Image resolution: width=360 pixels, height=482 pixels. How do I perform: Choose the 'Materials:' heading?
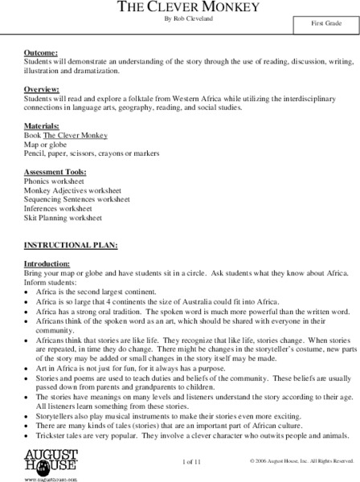point(43,126)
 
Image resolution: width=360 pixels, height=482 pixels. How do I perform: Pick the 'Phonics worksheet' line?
point(54,182)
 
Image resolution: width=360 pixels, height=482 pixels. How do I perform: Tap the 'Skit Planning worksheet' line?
point(63,217)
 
